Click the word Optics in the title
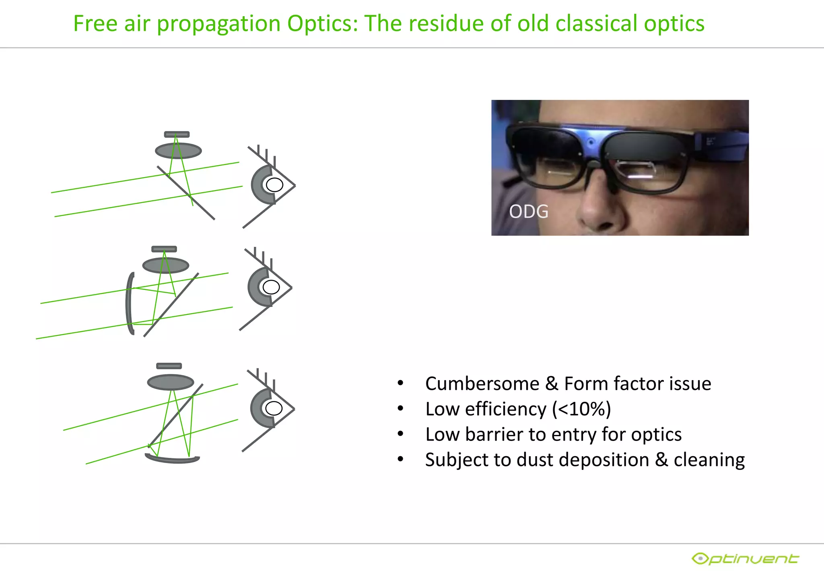(x=322, y=23)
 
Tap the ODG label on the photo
(x=528, y=211)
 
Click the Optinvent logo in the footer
(x=745, y=559)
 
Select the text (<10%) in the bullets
(x=581, y=409)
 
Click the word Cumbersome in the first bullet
(x=482, y=383)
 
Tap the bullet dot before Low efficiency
(x=400, y=409)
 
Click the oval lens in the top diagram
(x=178, y=151)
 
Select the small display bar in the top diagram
(x=177, y=134)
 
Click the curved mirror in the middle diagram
(x=130, y=303)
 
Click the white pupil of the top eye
(x=274, y=185)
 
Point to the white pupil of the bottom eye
(x=274, y=408)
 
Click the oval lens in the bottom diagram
(x=171, y=382)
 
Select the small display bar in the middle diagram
(x=164, y=249)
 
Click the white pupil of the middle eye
(x=271, y=287)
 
